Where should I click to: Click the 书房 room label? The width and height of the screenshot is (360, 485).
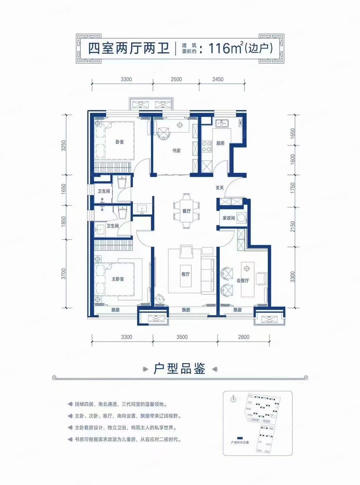(176, 151)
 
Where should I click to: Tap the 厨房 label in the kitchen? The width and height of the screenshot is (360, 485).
(220, 143)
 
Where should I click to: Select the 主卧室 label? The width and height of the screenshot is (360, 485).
(118, 279)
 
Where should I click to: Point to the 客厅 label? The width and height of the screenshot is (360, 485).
(186, 274)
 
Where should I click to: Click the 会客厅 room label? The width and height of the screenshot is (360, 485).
(243, 280)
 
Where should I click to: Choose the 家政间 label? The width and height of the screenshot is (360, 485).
(229, 218)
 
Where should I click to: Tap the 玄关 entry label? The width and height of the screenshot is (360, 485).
(220, 188)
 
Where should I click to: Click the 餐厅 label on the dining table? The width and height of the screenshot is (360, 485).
(187, 211)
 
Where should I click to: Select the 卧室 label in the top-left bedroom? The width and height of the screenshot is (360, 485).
(120, 142)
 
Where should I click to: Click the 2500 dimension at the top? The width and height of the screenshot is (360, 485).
(176, 79)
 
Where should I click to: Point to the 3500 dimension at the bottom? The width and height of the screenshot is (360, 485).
(182, 337)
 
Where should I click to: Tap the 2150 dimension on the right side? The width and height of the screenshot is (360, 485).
(293, 227)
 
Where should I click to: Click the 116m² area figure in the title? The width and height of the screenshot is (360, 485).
(225, 48)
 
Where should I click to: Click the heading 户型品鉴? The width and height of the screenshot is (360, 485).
(179, 369)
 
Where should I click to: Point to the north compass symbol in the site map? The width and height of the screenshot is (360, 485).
(233, 399)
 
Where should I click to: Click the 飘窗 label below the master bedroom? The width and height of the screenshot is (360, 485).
(115, 310)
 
